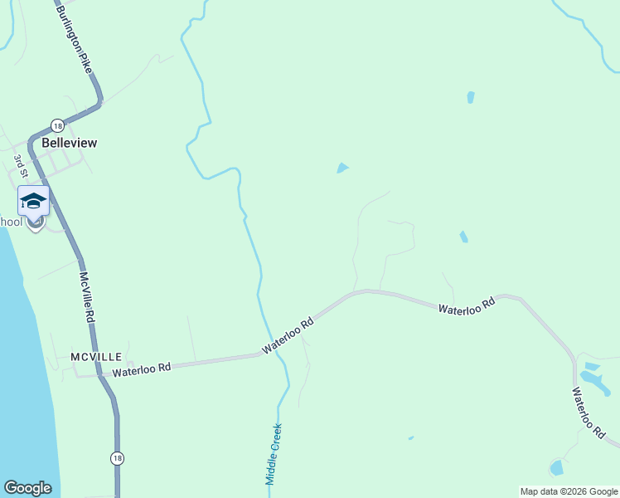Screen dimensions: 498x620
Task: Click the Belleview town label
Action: (69, 143)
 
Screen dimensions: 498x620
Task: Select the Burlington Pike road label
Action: (73, 39)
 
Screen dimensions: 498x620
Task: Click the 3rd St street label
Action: (21, 166)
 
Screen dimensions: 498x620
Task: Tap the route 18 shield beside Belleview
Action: (56, 125)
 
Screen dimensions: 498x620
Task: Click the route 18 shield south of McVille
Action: (116, 458)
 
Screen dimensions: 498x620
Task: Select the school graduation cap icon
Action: (33, 202)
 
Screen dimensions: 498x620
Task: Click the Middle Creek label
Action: (274, 454)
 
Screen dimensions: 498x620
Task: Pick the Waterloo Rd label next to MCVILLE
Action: (141, 369)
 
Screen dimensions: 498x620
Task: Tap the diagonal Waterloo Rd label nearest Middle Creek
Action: (288, 335)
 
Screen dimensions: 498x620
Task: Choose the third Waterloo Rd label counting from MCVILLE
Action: (466, 305)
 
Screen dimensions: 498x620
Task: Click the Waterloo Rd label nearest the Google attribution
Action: (588, 412)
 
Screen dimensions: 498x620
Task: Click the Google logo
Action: (27, 488)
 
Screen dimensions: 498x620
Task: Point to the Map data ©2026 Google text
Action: (569, 491)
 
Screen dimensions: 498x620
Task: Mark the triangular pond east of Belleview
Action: (342, 168)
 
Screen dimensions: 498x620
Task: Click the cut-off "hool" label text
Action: (10, 222)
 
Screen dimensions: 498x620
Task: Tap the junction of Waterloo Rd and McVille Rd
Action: (100, 375)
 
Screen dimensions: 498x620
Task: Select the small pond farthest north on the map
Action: (471, 97)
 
